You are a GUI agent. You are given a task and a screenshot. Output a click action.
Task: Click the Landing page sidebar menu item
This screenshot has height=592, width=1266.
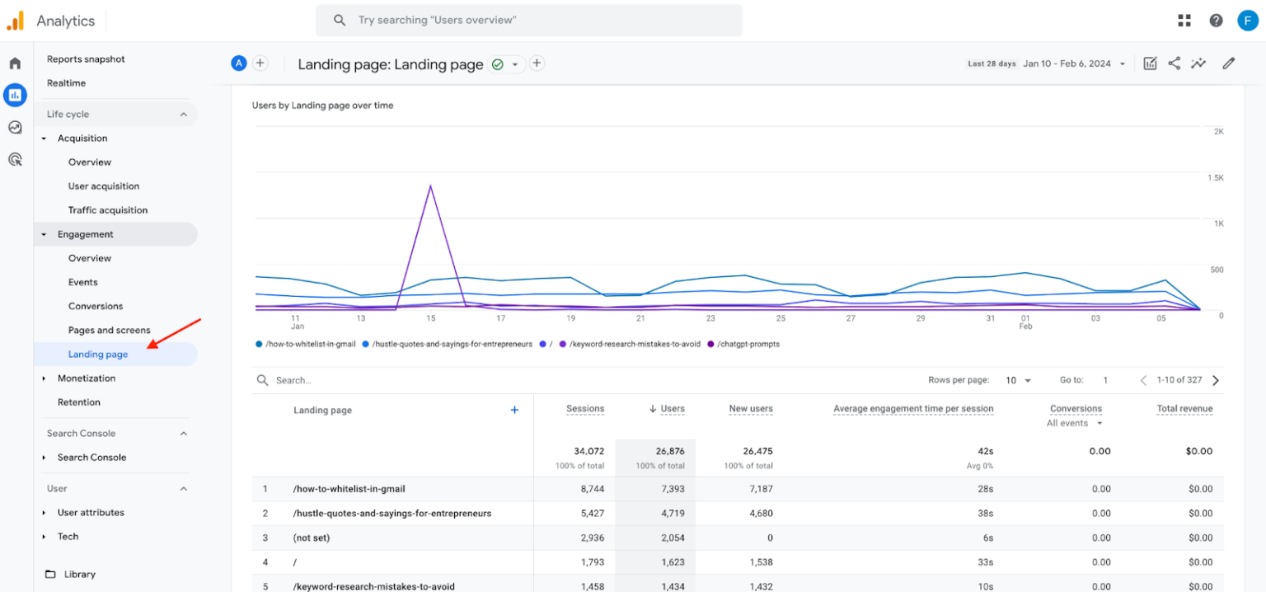pyautogui.click(x=98, y=355)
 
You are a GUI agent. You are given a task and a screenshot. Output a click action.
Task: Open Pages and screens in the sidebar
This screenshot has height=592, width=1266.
pyautogui.click(x=109, y=331)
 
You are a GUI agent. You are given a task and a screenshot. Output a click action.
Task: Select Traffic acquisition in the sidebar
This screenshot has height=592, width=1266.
pyautogui.click(x=108, y=210)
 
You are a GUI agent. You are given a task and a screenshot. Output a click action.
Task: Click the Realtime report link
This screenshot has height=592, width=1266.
pyautogui.click(x=66, y=83)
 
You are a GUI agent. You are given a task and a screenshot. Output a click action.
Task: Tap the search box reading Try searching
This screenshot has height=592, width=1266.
pyautogui.click(x=528, y=20)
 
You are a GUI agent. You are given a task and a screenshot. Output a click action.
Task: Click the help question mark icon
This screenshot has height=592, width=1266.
pyautogui.click(x=1216, y=21)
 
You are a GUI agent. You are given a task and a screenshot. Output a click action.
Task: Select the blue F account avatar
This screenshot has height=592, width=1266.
pyautogui.click(x=1247, y=21)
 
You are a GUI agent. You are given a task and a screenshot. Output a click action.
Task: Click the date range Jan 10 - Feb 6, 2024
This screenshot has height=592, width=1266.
pyautogui.click(x=1067, y=63)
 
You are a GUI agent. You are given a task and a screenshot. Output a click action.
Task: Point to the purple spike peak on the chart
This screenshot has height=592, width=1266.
pyautogui.click(x=430, y=186)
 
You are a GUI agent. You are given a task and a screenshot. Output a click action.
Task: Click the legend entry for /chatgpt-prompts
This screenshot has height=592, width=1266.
pyautogui.click(x=748, y=344)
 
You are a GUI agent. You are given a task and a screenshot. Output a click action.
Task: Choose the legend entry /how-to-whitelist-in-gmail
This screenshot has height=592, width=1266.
pyautogui.click(x=310, y=344)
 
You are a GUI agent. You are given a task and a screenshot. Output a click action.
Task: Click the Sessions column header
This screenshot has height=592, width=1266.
pyautogui.click(x=584, y=409)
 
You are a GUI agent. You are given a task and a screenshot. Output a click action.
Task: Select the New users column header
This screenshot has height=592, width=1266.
pyautogui.click(x=750, y=409)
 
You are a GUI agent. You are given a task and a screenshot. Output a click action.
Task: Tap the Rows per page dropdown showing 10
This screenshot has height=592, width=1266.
pyautogui.click(x=1018, y=380)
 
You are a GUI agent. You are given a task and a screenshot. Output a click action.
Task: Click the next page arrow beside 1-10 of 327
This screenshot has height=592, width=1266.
pyautogui.click(x=1215, y=380)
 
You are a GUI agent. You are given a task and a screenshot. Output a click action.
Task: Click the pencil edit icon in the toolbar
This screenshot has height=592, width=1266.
pyautogui.click(x=1228, y=63)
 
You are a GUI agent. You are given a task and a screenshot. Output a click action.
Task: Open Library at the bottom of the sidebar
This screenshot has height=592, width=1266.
pyautogui.click(x=79, y=575)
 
